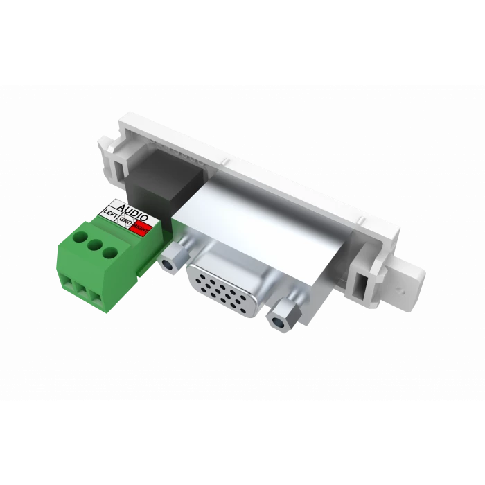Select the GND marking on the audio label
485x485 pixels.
pyautogui.click(x=126, y=222)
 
